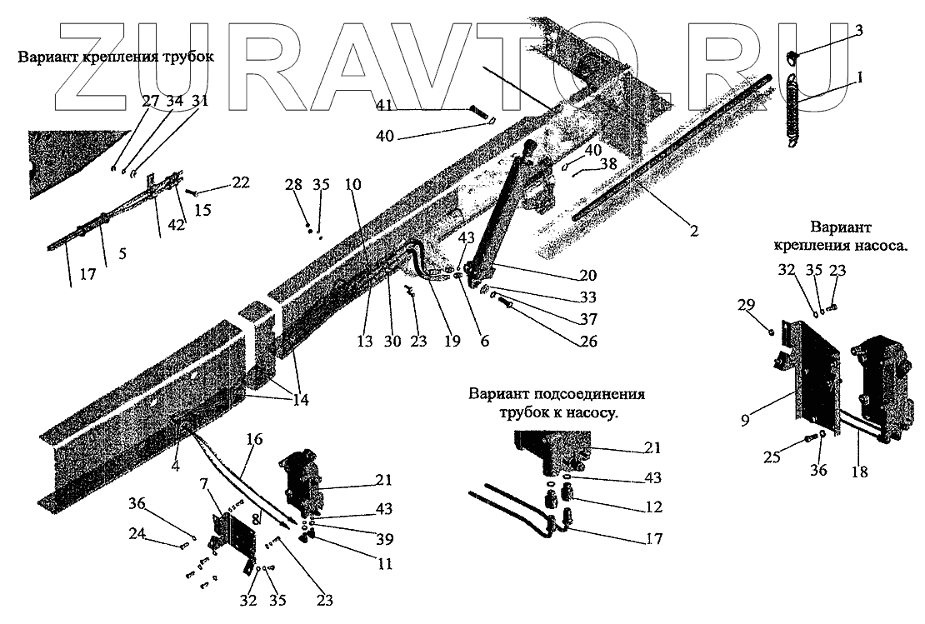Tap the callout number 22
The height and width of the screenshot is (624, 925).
click(241, 182)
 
